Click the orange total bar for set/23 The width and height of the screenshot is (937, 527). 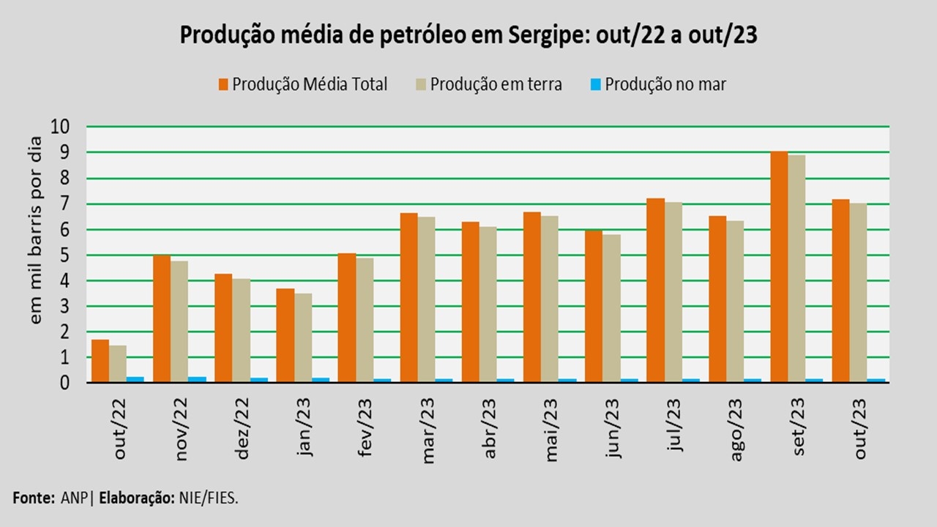pos(779,267)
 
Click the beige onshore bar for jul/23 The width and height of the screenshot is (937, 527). pos(673,293)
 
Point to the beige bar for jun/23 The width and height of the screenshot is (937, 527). pos(611,308)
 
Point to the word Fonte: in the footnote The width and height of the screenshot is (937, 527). pos(33,498)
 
